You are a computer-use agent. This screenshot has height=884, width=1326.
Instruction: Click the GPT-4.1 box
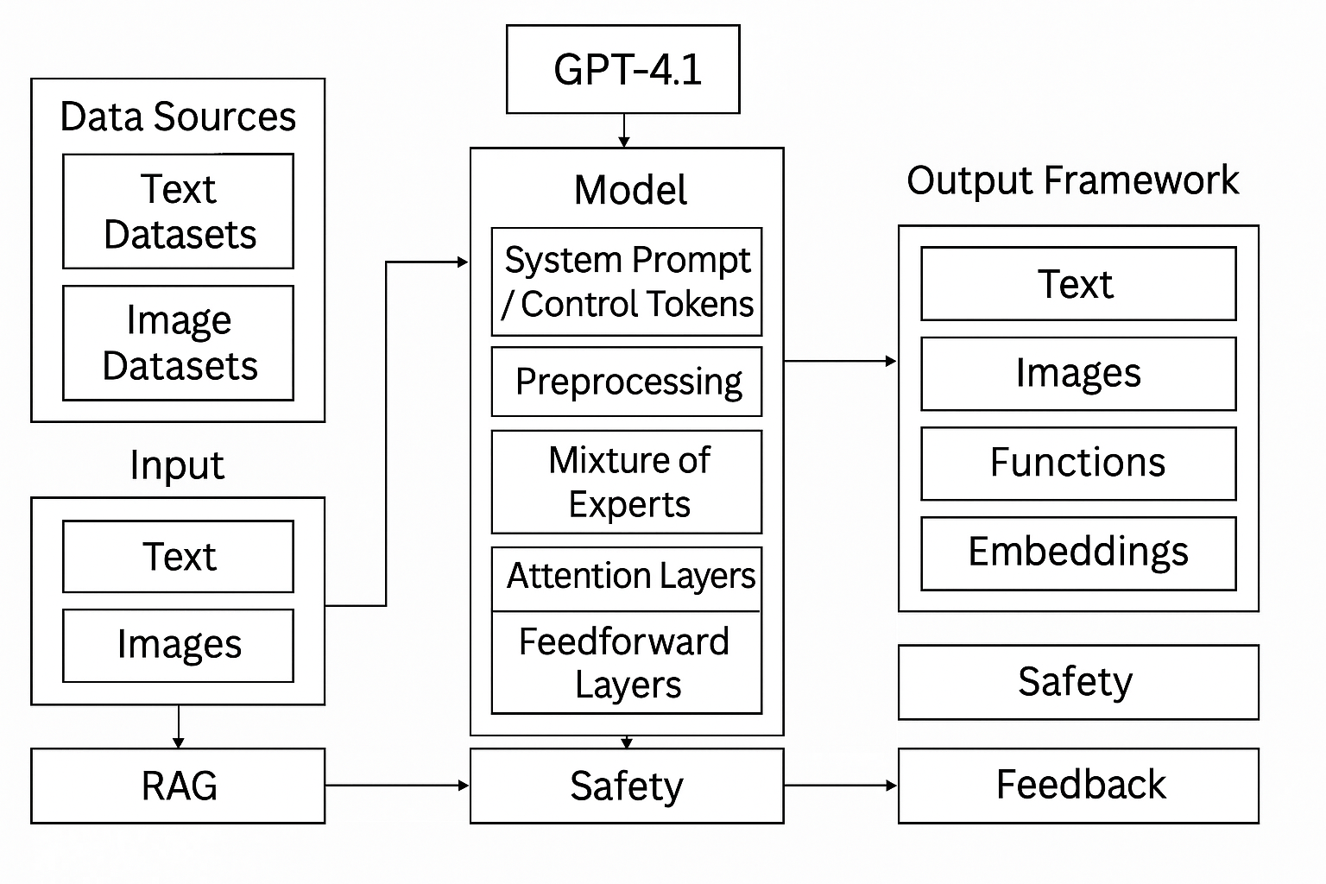coord(622,69)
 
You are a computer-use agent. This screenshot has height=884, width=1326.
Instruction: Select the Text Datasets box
coord(178,212)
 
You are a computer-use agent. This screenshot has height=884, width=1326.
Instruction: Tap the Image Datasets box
coord(178,343)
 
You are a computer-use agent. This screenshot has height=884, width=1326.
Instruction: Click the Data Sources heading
coord(178,117)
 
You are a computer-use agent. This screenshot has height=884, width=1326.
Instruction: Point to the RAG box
coord(178,786)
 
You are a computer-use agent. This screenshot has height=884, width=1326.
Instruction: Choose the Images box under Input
coord(178,645)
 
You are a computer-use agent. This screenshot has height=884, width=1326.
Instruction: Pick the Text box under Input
coord(178,556)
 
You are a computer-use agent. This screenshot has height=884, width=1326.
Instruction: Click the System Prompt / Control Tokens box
coord(626,281)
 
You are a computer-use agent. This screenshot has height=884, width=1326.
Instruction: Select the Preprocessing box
coord(626,382)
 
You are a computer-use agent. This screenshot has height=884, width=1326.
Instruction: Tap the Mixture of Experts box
coord(626,482)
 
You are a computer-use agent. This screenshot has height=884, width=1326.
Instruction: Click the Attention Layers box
coord(626,577)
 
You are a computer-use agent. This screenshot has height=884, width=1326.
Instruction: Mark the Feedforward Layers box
coord(626,663)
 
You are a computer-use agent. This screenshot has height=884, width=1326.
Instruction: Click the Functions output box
coord(1078,463)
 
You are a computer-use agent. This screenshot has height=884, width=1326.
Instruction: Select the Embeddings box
coord(1078,552)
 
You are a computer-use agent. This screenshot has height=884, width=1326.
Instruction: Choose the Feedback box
coord(1078,786)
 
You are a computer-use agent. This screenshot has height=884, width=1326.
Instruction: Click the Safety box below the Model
coord(626,786)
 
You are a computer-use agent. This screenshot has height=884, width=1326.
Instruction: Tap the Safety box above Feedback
coord(1078,682)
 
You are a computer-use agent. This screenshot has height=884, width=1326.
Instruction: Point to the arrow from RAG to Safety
coord(397,786)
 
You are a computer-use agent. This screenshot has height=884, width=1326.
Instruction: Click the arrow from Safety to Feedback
coord(840,786)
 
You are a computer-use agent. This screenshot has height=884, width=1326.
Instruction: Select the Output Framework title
coord(1072,180)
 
